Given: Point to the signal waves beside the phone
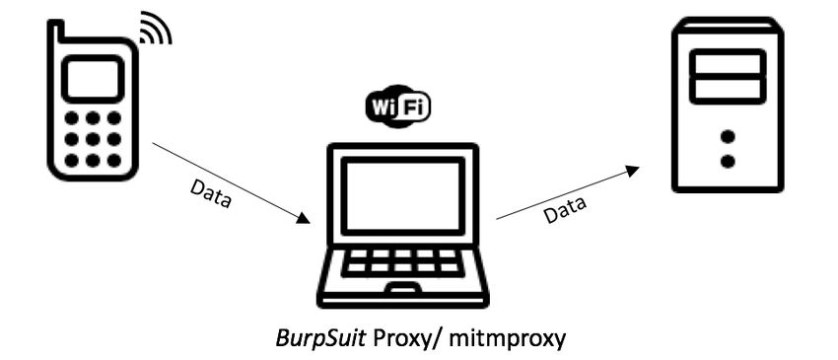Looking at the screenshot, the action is (155, 31).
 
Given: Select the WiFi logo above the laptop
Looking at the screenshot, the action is (398, 106).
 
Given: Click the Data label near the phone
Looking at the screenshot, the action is (211, 194).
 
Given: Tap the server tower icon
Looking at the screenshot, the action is (728, 104).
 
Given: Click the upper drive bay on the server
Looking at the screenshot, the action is (728, 65).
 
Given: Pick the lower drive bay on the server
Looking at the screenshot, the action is (728, 89).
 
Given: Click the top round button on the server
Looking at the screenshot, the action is (729, 137).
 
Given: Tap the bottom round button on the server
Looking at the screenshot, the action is (729, 160).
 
